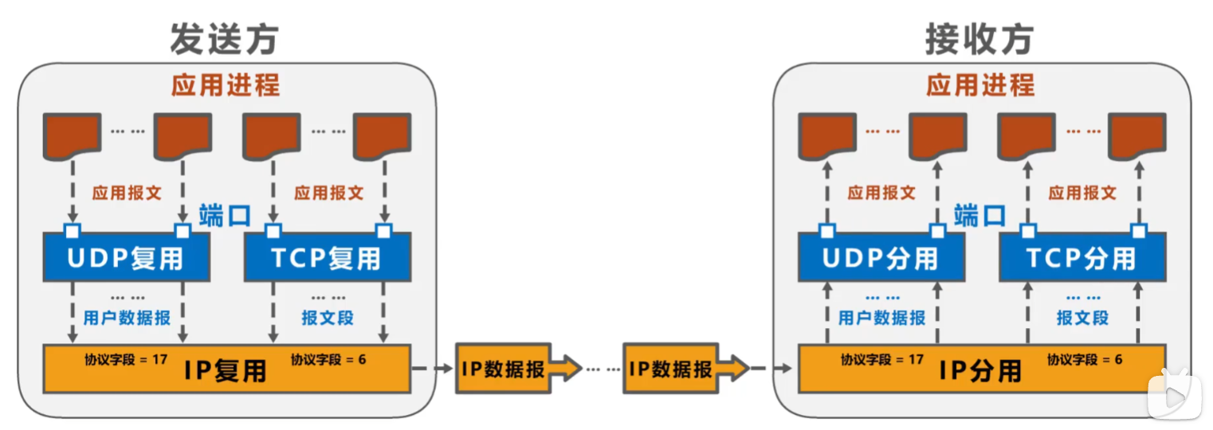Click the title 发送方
tap(225, 39)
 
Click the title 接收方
tap(979, 39)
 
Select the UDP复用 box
tap(126, 257)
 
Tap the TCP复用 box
tap(328, 257)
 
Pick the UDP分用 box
tap(881, 257)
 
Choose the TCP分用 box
tap(1082, 257)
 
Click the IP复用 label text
tap(226, 371)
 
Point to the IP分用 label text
tap(980, 371)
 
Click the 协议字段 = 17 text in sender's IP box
tap(126, 360)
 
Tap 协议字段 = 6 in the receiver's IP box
tap(1085, 360)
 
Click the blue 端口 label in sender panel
tap(225, 216)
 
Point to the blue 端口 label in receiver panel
tap(979, 216)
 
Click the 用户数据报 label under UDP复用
tap(127, 318)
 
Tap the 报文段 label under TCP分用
tap(1082, 318)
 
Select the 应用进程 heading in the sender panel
tap(226, 85)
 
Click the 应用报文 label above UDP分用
tap(881, 193)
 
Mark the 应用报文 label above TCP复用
tap(328, 193)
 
